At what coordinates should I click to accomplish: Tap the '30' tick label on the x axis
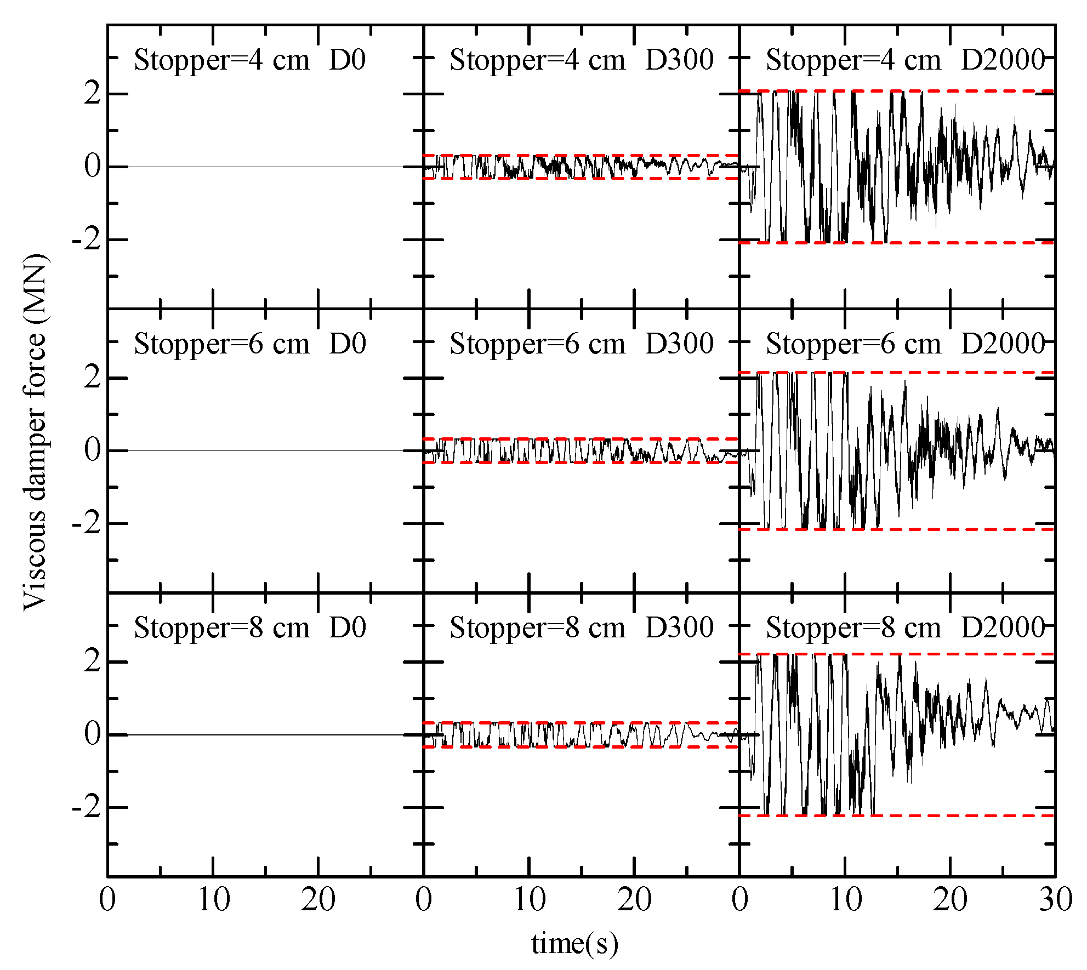(x=1055, y=900)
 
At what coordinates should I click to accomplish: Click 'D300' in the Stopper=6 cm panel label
(x=679, y=344)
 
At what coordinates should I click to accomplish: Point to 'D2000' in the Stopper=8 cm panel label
(x=1003, y=627)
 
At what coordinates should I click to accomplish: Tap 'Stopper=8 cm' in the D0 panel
(x=221, y=627)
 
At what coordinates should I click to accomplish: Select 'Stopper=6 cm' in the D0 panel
(x=221, y=344)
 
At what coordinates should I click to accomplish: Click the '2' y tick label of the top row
(x=92, y=94)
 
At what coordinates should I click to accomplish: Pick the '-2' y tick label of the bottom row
(x=87, y=807)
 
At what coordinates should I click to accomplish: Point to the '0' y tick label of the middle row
(x=92, y=450)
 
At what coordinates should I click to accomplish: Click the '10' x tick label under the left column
(x=213, y=900)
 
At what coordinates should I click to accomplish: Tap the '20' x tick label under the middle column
(x=634, y=900)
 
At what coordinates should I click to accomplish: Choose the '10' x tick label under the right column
(x=845, y=900)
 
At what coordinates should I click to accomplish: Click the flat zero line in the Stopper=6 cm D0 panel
(x=263, y=450)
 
